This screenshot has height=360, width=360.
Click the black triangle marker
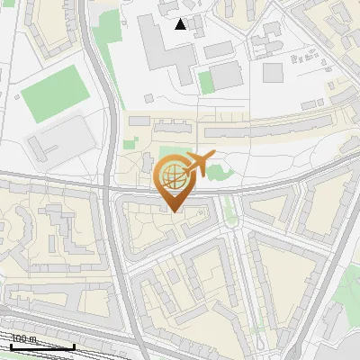click(x=181, y=24)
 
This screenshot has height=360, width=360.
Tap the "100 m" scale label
click(x=22, y=339)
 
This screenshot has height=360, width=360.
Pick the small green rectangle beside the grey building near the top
click(x=206, y=81)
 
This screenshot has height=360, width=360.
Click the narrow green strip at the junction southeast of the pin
click(x=229, y=209)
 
